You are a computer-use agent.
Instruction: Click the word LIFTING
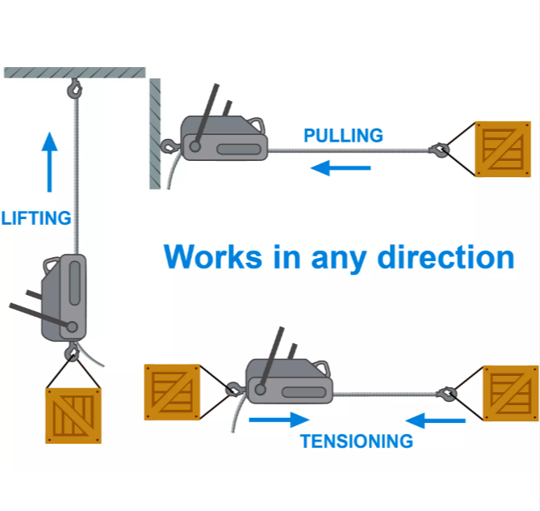[36, 218]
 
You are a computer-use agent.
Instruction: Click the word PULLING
[343, 135]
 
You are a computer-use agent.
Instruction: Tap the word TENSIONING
[357, 441]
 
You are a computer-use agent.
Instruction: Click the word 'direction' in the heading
[446, 257]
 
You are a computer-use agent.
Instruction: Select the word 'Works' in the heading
[213, 256]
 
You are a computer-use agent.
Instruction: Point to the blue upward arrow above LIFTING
[49, 162]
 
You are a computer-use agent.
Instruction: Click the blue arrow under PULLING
[341, 168]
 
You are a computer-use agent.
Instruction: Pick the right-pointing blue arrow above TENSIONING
[279, 420]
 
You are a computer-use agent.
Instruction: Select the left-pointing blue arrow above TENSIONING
[435, 420]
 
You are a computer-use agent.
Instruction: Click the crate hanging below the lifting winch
[73, 416]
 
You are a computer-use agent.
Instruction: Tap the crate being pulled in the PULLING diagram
[503, 149]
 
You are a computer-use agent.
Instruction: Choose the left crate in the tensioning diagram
[172, 392]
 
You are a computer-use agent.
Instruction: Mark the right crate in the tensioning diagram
[511, 393]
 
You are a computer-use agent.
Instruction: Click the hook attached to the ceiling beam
[74, 89]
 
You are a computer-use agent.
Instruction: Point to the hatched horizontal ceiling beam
[75, 73]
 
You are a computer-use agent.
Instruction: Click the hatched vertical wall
[155, 134]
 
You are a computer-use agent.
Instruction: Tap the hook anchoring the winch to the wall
[170, 146]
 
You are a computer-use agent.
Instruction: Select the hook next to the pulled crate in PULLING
[439, 150]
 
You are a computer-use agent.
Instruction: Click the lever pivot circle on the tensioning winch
[261, 390]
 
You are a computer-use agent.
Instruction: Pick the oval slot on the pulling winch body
[239, 149]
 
